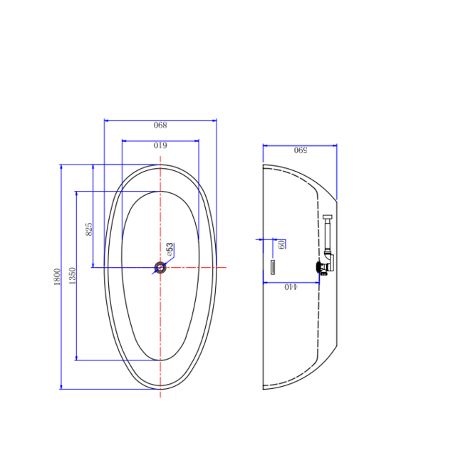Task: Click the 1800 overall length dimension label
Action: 57,276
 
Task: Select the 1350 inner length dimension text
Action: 72,276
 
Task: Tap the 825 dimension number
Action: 88,229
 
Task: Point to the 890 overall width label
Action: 160,125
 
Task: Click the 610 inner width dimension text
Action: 160,145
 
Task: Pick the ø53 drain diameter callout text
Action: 170,249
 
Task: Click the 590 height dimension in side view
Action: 301,150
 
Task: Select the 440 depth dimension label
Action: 291,287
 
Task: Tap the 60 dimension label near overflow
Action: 281,244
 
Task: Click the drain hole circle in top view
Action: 160,268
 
